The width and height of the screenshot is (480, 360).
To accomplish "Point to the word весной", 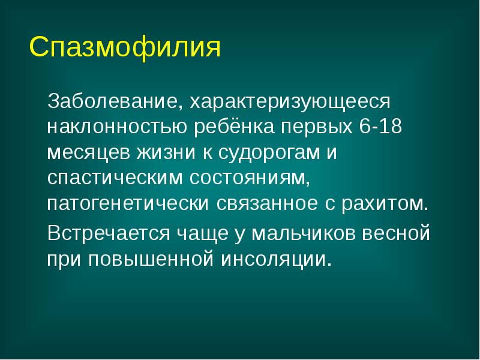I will click(401, 232).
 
